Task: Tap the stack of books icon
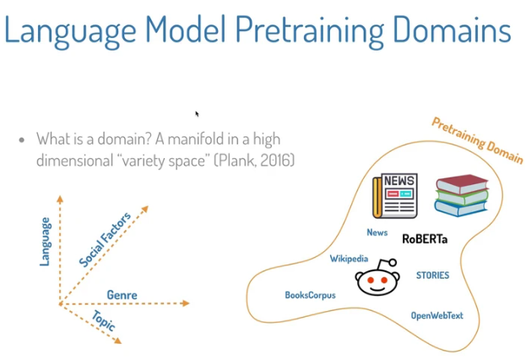coord(461,197)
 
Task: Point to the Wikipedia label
coord(349,259)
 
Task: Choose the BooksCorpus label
coord(311,296)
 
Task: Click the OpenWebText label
coord(437,315)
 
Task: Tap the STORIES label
coord(432,275)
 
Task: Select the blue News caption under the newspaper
coord(377,232)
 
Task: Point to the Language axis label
coord(46,242)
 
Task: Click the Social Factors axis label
coord(106,238)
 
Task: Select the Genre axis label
coord(122,295)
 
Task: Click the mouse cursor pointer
coord(197,113)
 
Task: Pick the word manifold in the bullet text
coord(181,139)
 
